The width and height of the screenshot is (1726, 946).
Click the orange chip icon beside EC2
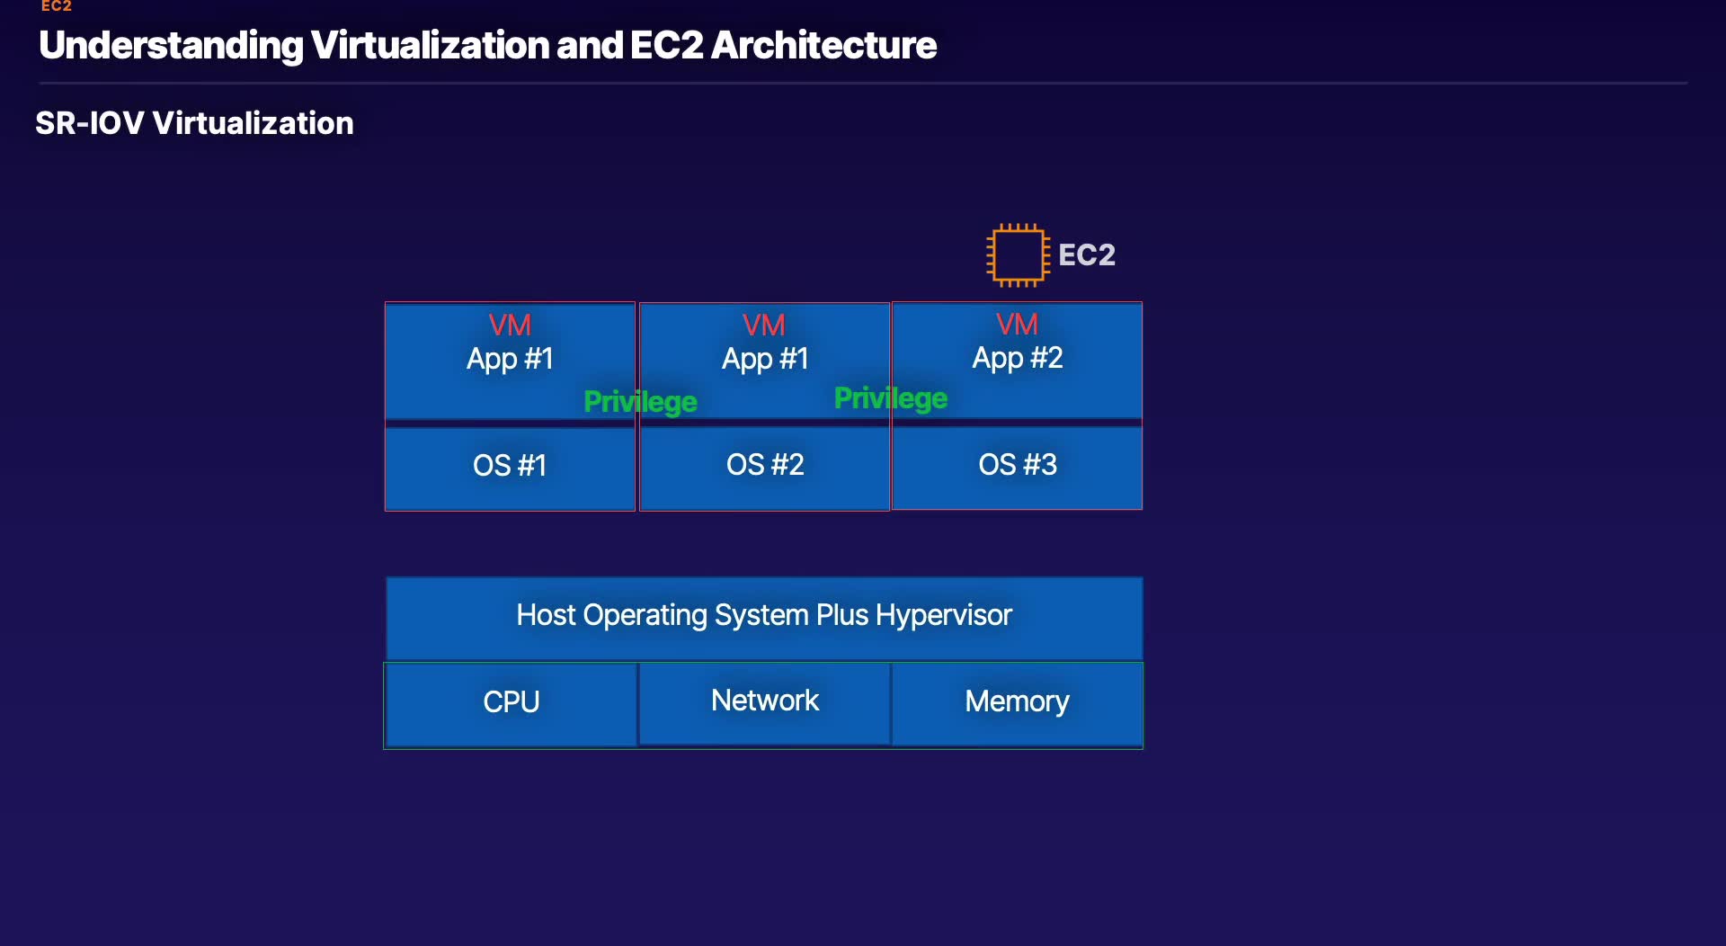point(1017,255)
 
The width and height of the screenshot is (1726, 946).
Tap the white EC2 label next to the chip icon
point(1086,255)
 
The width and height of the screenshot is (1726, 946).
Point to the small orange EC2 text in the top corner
point(56,6)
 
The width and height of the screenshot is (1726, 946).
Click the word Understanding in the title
point(171,46)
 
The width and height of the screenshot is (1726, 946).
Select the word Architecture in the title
point(823,46)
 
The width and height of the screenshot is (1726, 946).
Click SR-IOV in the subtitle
point(89,123)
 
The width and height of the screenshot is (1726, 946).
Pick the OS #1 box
point(510,466)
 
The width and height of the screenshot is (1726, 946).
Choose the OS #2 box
point(765,465)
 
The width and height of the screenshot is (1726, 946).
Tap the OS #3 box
point(1018,465)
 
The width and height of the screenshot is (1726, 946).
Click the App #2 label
point(1018,358)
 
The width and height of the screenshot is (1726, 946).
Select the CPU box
point(511,702)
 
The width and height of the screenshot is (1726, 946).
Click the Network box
point(765,701)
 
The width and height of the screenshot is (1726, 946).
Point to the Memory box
point(1017,701)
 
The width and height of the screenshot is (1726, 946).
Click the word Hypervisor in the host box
point(944,615)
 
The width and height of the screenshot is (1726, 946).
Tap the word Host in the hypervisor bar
point(546,615)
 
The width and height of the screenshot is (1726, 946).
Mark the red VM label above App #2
point(1017,324)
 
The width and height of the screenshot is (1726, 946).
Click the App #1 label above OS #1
point(510,359)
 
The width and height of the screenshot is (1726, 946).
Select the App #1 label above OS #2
point(765,359)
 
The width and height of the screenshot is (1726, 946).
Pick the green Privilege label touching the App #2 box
point(891,398)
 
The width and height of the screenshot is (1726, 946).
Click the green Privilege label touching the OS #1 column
point(640,402)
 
